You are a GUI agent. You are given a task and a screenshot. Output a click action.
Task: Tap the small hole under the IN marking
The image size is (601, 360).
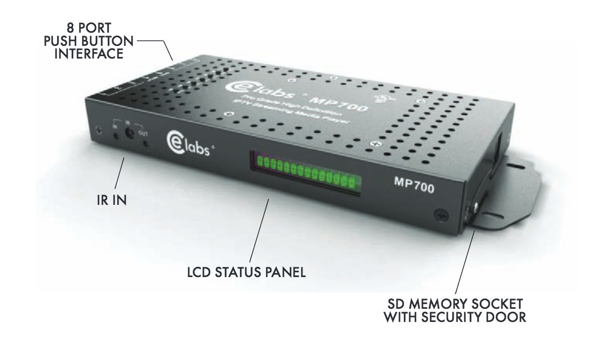tap(115, 135)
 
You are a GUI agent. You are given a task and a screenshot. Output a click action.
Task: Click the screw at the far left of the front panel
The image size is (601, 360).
tap(100, 130)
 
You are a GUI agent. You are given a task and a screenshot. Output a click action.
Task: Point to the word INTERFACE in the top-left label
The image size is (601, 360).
tap(88, 54)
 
